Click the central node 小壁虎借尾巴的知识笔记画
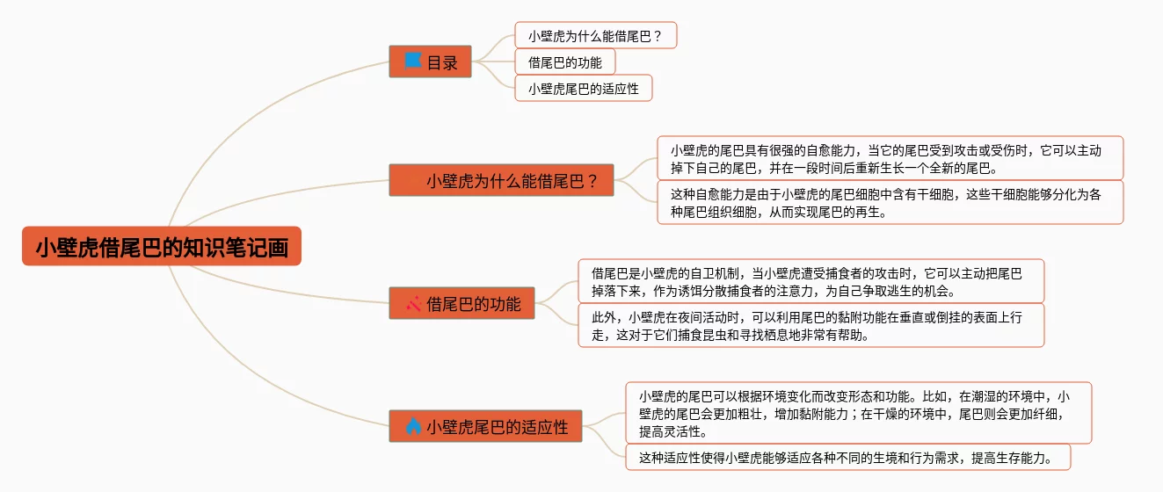[x=162, y=246]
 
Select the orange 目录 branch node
[x=431, y=61]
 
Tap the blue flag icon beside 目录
[x=413, y=61]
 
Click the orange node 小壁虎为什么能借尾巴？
[x=501, y=180]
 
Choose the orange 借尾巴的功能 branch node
[x=462, y=304]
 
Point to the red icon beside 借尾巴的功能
[x=414, y=304]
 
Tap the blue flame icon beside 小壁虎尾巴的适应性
[x=413, y=426]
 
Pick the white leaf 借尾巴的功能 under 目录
[x=564, y=61]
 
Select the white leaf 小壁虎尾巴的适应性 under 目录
[x=583, y=88]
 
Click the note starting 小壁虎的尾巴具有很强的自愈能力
[x=890, y=158]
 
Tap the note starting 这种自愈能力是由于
[x=890, y=203]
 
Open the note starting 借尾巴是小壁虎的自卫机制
[x=810, y=281]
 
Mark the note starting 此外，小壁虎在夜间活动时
[x=810, y=325]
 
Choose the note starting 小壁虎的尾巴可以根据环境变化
[x=858, y=413]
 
